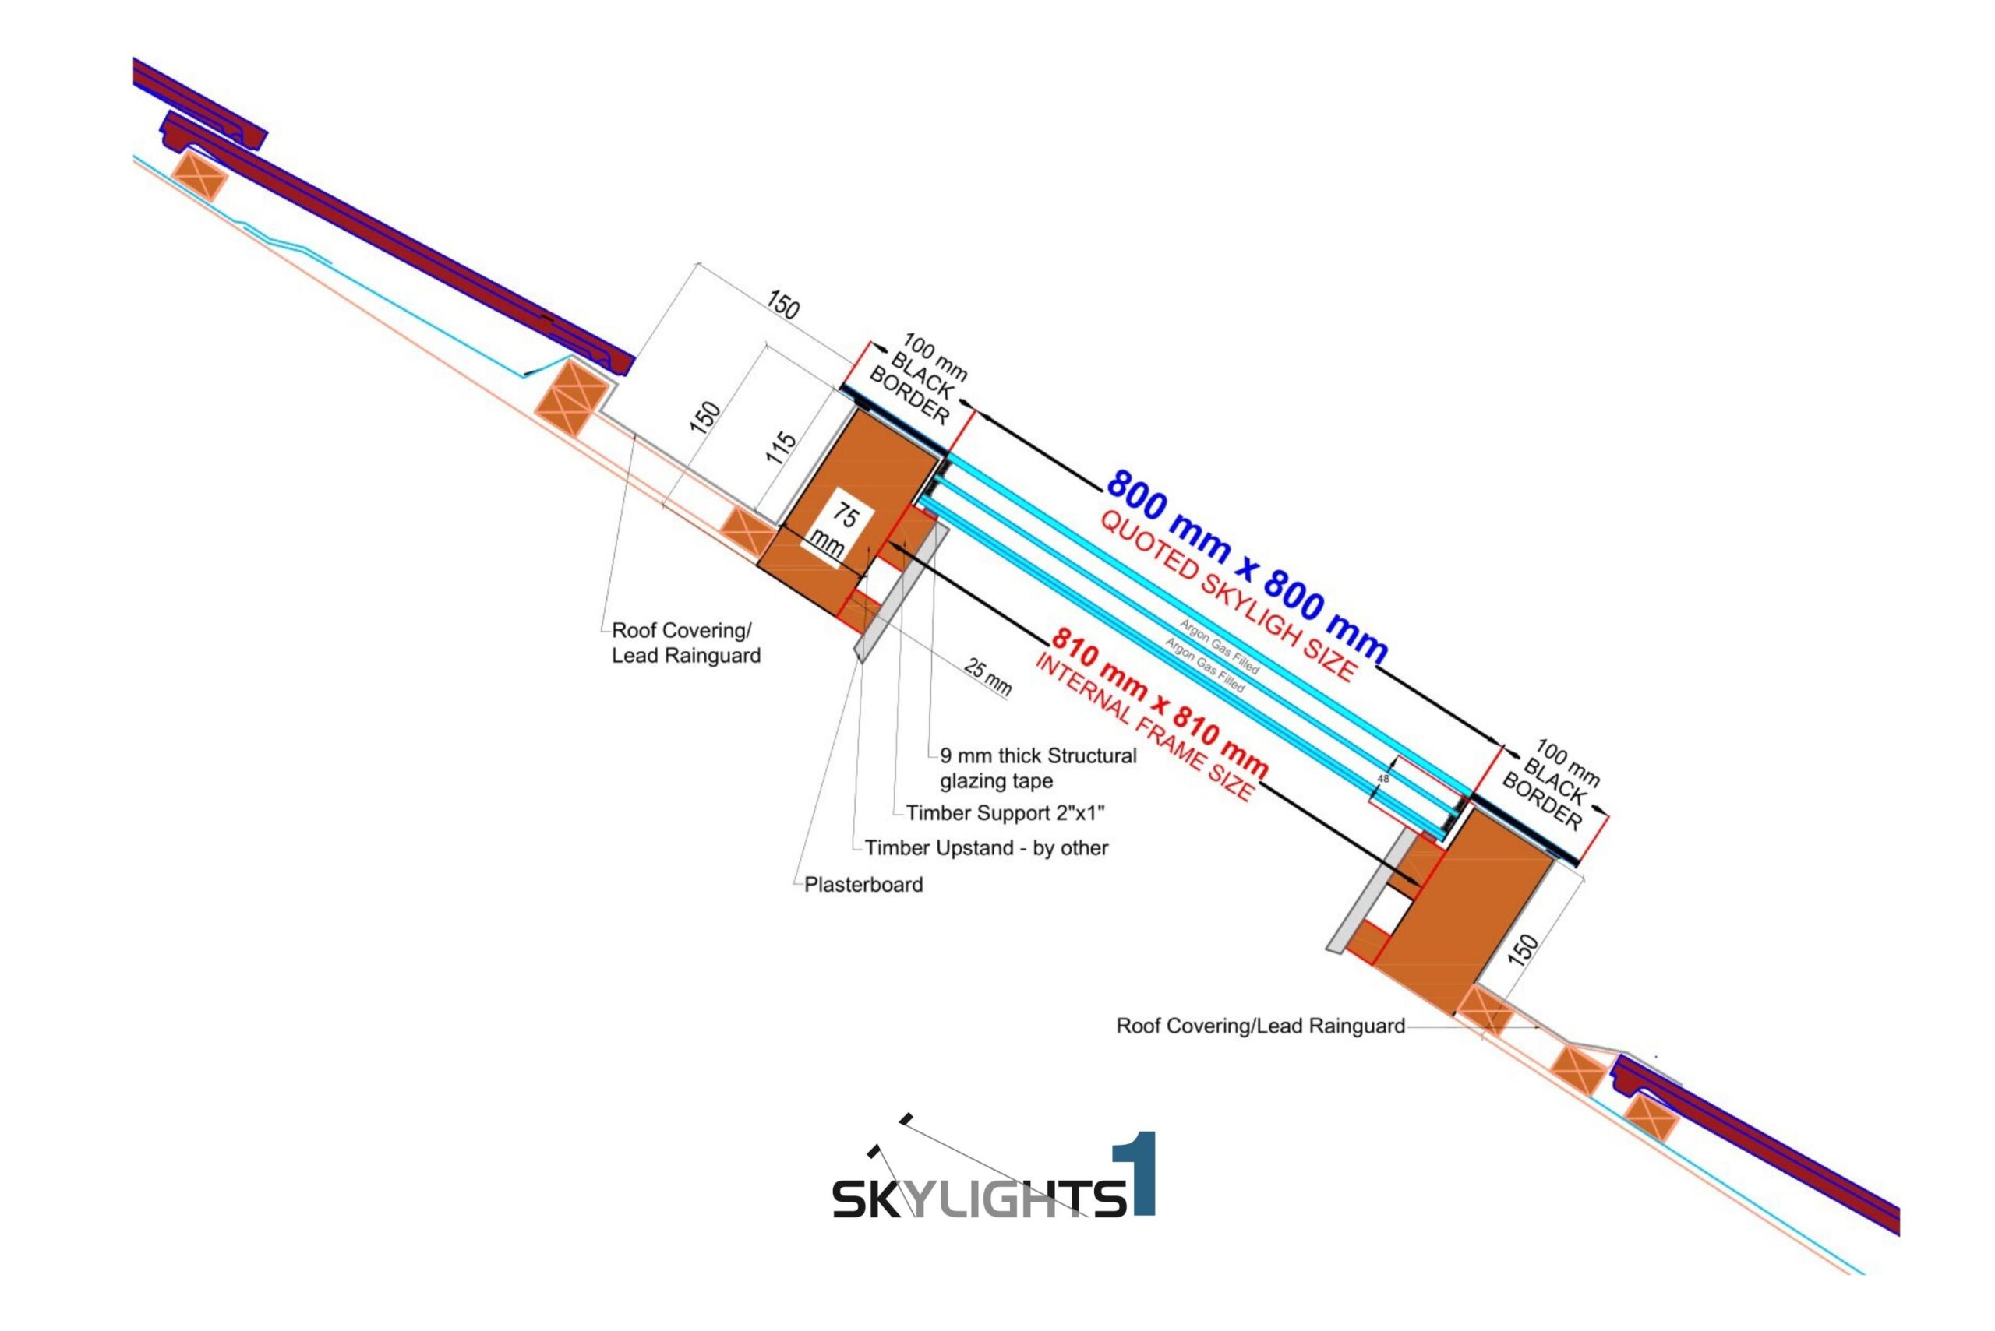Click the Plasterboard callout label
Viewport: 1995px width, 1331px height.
point(863,885)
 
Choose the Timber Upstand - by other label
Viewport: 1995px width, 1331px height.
point(986,848)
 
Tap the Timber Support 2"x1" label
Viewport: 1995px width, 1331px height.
point(1005,813)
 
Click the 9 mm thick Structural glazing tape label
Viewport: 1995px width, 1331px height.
point(1037,768)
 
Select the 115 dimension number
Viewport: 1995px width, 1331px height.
point(781,447)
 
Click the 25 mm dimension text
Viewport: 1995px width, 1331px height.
point(987,678)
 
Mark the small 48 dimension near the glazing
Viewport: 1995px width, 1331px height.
point(1382,777)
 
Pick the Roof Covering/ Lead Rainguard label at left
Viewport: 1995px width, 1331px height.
point(685,643)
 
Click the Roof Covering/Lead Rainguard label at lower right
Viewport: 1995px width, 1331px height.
point(1260,1026)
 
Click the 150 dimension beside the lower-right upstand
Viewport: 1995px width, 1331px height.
point(1525,948)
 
